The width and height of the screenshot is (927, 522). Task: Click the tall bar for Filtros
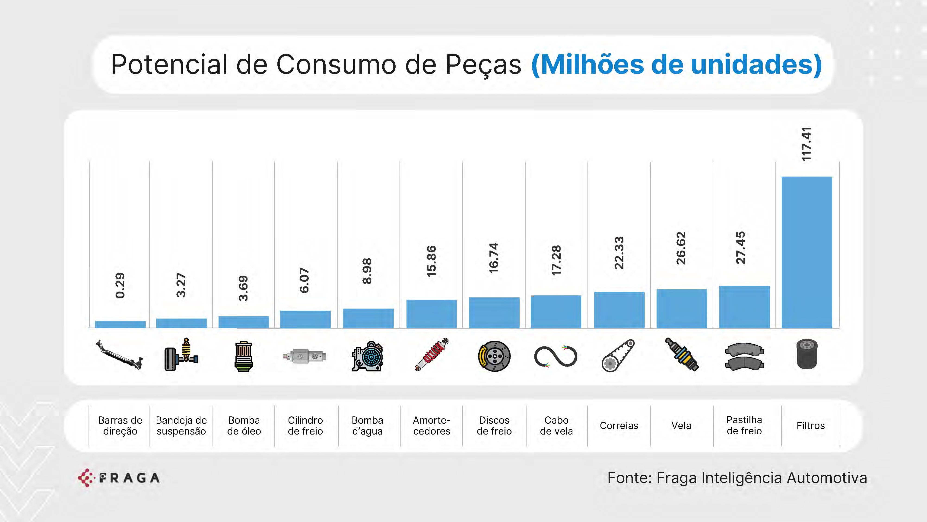point(806,252)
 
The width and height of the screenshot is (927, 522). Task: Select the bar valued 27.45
point(744,307)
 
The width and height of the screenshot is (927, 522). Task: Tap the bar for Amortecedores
point(432,314)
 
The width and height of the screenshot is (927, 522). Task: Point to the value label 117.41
point(806,144)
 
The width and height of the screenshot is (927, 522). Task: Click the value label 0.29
point(120,285)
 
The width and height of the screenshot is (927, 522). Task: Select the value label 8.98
point(367,271)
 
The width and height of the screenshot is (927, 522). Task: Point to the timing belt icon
point(618,356)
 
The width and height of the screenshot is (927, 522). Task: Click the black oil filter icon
point(807,355)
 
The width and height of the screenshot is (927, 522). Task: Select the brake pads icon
point(744,356)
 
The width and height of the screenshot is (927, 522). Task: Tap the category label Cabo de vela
point(556,425)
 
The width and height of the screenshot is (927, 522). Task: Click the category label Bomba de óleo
point(244,425)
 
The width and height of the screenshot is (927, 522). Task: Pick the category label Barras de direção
point(120,425)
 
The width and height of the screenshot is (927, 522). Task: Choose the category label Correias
point(619,425)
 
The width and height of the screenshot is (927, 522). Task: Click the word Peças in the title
point(483,65)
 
